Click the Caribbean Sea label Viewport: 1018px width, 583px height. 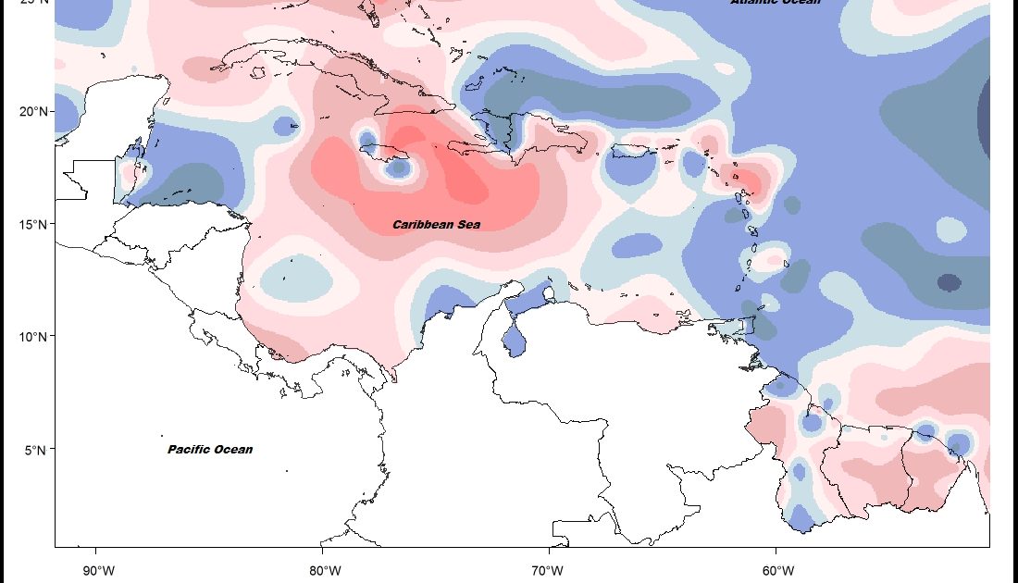[x=436, y=225]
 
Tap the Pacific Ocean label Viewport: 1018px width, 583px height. [x=210, y=450]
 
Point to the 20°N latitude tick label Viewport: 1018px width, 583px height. [x=33, y=112]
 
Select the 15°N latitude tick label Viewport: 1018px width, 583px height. [x=33, y=224]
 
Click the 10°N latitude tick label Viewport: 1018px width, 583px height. [x=33, y=337]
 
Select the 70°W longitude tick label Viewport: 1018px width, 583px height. [x=548, y=568]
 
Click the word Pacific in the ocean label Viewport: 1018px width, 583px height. [x=190, y=450]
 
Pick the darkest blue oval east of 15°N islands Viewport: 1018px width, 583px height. [x=950, y=282]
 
